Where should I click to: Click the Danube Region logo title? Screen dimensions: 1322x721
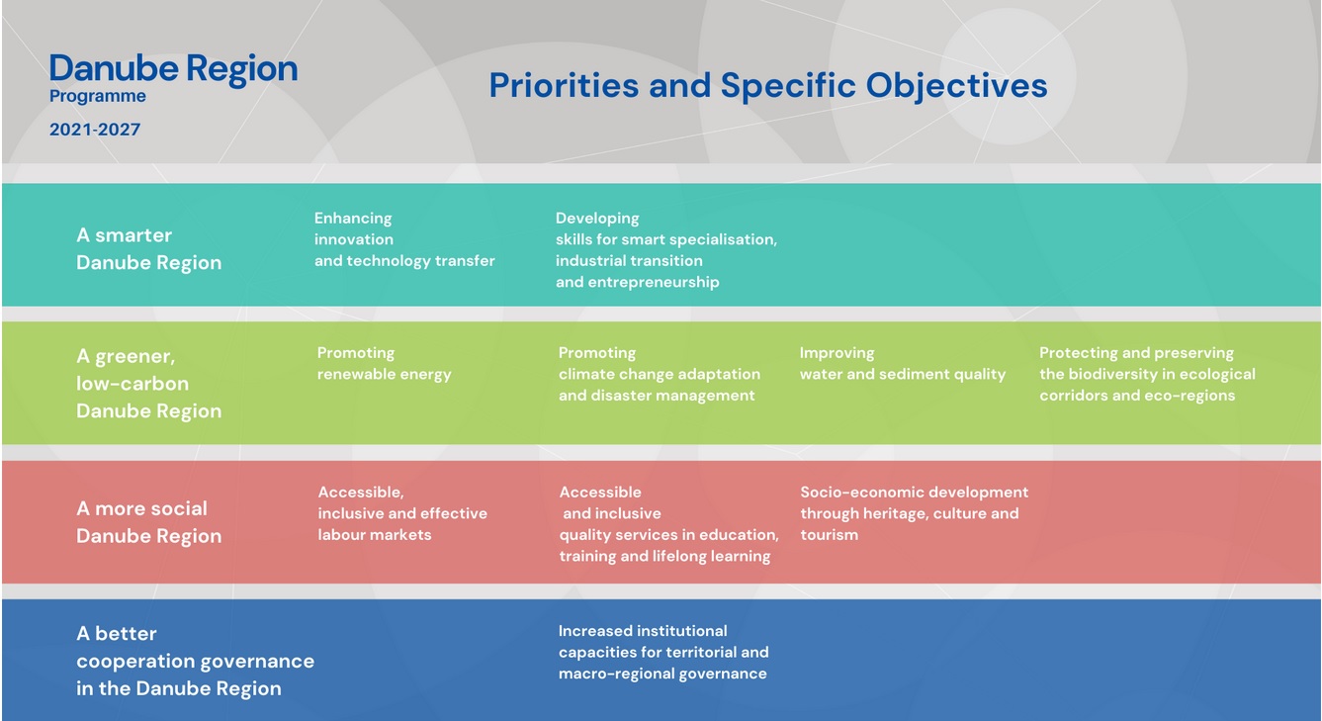point(173,69)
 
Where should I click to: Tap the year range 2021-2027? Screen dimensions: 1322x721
point(95,130)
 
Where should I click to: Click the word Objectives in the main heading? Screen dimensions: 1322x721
point(956,86)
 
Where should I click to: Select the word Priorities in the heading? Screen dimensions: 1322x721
point(564,85)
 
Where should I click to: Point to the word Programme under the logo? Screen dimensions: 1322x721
point(97,96)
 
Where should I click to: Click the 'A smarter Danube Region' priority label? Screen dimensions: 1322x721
point(148,248)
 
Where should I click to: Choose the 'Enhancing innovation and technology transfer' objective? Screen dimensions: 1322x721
point(404,239)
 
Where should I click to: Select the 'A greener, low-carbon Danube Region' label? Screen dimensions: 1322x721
point(148,383)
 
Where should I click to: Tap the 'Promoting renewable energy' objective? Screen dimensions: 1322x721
point(385,363)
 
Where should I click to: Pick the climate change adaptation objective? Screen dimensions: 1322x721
point(660,374)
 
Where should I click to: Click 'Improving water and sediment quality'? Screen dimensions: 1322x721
point(903,363)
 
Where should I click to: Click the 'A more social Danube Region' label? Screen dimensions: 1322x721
point(148,522)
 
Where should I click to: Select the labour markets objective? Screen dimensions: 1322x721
point(402,513)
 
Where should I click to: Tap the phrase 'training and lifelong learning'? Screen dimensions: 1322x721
point(664,556)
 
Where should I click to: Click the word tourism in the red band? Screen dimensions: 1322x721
point(830,535)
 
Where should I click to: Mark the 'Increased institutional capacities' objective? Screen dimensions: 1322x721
point(663,652)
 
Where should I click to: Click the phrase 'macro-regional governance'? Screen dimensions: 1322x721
point(662,674)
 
